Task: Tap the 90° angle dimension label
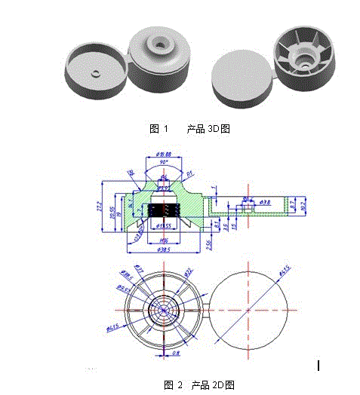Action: tap(165, 162)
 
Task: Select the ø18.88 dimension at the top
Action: tap(165, 155)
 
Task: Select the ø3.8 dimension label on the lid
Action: tap(266, 202)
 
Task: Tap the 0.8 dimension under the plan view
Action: tap(175, 351)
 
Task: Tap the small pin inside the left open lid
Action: tap(96, 72)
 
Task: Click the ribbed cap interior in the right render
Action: tap(303, 52)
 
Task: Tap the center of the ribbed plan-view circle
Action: tap(164, 309)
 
